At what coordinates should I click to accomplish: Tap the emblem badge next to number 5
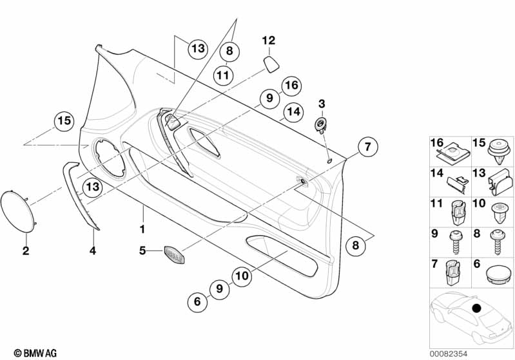pyautogui.click(x=174, y=253)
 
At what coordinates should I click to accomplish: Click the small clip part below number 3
pyautogui.click(x=320, y=124)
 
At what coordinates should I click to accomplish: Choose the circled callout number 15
pyautogui.click(x=63, y=120)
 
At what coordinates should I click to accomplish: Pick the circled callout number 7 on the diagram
pyautogui.click(x=367, y=147)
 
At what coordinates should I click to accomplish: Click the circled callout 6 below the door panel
pyautogui.click(x=198, y=300)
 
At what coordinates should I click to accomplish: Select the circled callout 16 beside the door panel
pyautogui.click(x=291, y=85)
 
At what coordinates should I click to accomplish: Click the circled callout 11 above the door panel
pyautogui.click(x=222, y=75)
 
